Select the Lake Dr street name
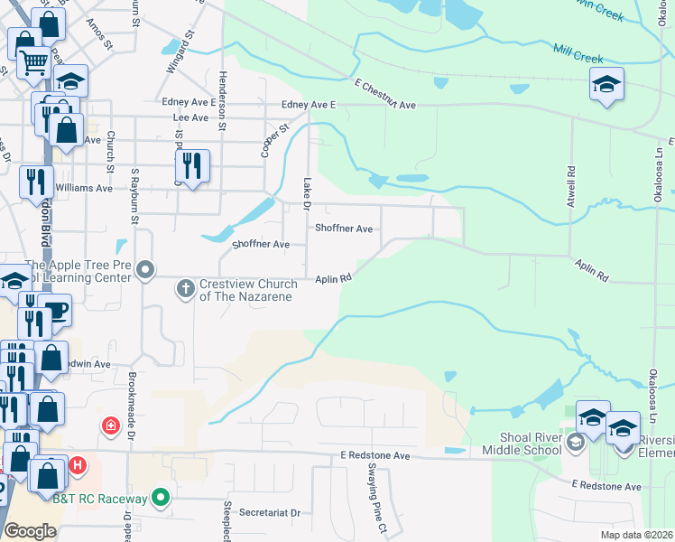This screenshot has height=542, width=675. click(x=307, y=194)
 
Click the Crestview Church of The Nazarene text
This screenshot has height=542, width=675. click(x=245, y=290)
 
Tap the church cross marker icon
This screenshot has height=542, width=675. click(x=185, y=289)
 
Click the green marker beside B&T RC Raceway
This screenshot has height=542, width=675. click(x=161, y=497)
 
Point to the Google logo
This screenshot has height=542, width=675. click(x=30, y=530)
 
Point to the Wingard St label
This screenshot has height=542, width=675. click(x=180, y=53)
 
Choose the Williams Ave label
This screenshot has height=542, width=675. click(x=84, y=188)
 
